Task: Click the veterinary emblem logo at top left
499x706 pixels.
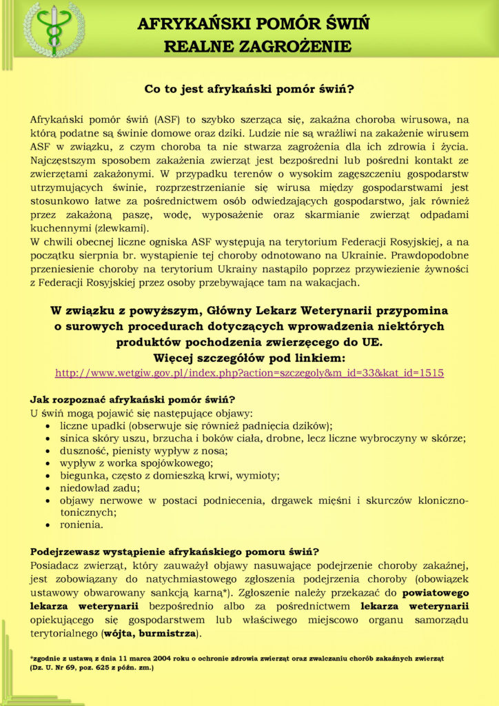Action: coord(54,30)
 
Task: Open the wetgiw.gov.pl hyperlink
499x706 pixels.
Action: coord(249,372)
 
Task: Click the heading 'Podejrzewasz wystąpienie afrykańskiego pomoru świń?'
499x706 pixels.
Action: coord(174,552)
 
